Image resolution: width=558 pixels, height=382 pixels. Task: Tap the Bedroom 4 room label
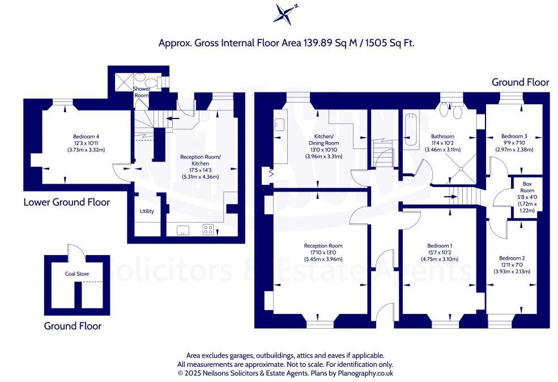86,137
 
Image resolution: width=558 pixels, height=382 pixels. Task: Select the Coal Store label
77,274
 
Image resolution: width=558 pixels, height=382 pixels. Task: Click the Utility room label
147,211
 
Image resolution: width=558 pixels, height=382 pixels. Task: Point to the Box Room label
527,184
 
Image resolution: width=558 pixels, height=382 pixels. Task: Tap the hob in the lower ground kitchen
208,230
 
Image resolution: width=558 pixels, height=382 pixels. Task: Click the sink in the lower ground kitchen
182,230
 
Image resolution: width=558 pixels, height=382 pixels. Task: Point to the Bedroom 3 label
514,137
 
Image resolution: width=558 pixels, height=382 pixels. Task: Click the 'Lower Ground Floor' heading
67,202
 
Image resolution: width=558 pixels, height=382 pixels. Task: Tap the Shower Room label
141,92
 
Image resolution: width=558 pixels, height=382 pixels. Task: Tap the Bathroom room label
442,137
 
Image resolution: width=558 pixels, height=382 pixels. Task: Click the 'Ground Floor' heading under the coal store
73,326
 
